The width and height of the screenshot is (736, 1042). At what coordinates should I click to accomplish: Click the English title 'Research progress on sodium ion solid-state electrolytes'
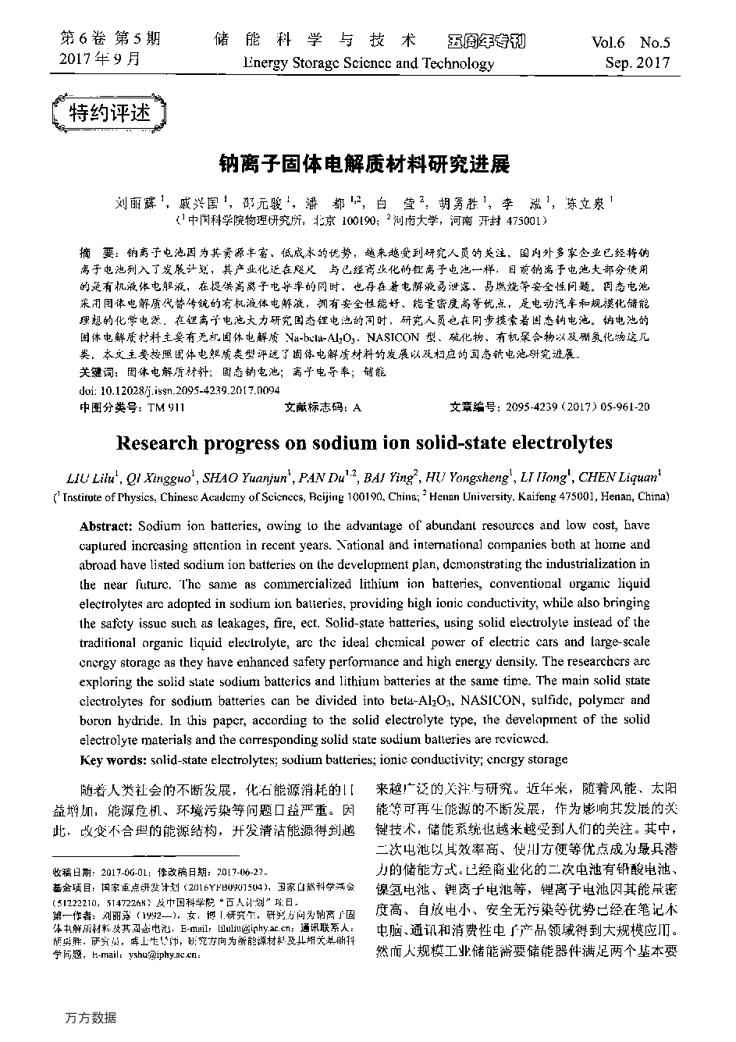364,443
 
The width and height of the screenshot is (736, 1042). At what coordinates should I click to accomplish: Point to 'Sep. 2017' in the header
638,63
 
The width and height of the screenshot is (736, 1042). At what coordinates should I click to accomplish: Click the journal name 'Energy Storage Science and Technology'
368,63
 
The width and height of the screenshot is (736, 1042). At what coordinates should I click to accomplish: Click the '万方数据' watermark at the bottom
91,1017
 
